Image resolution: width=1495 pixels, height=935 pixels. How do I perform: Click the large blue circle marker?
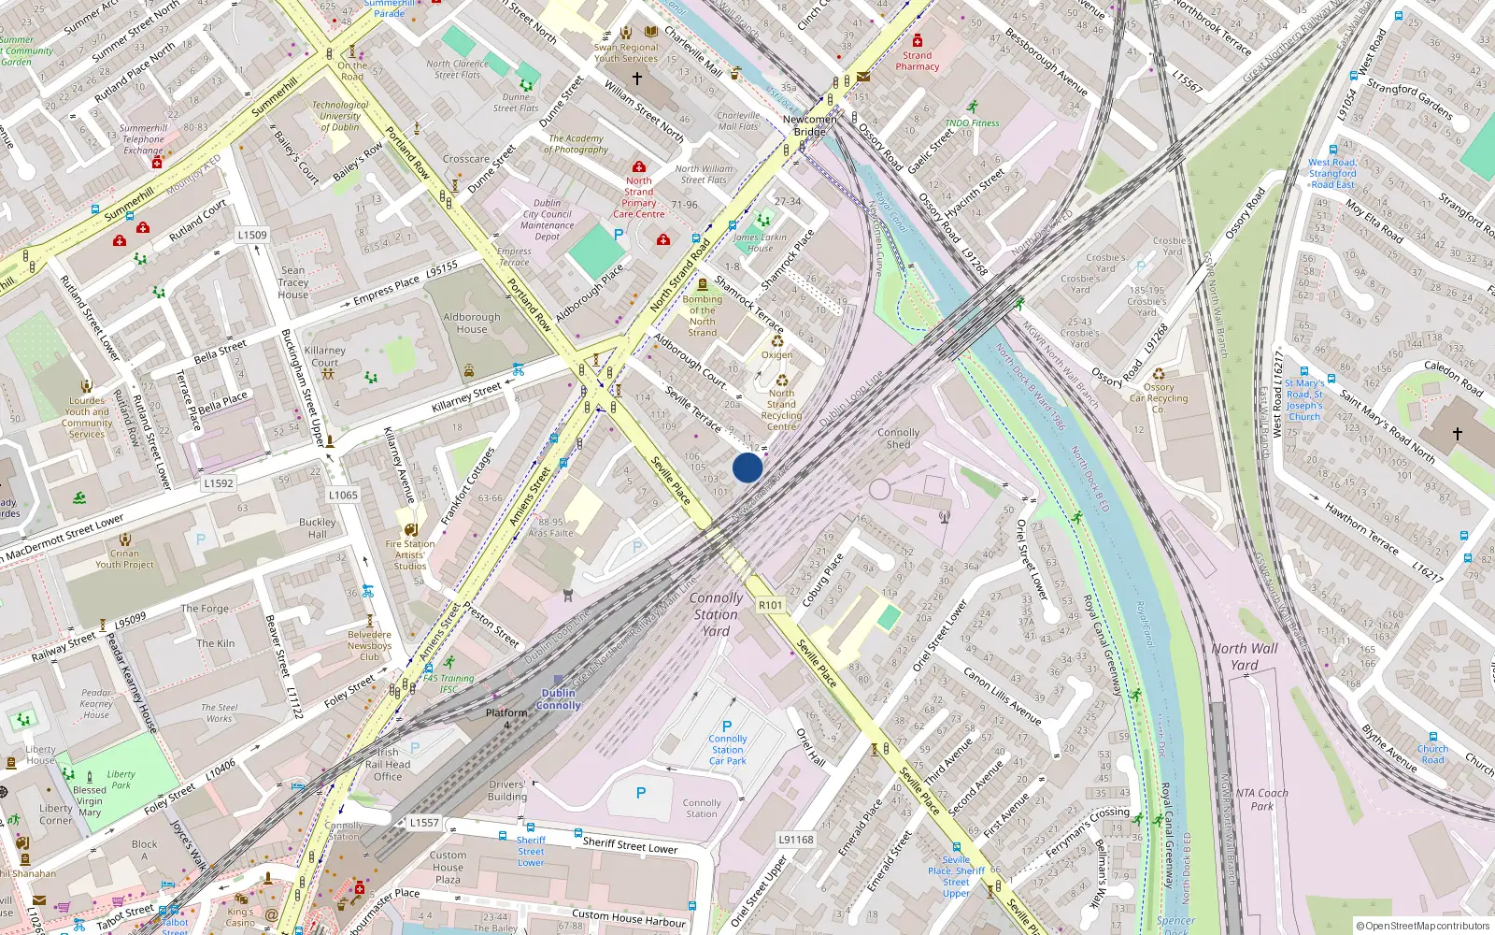tap(747, 467)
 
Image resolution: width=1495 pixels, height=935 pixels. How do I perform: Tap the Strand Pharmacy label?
tap(917, 61)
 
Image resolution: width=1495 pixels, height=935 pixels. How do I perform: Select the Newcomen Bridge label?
tap(810, 125)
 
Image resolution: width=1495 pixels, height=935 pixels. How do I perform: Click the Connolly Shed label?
tap(898, 439)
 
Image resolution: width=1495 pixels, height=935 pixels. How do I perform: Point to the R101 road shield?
tap(771, 605)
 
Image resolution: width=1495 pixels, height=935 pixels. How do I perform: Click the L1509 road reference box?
tap(252, 235)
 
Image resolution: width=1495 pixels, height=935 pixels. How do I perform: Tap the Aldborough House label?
tap(472, 323)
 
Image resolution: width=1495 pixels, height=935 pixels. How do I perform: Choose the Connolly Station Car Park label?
tap(727, 750)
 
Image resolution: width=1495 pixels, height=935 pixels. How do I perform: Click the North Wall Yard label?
tap(1244, 656)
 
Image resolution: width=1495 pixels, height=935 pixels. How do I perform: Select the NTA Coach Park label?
tap(1261, 799)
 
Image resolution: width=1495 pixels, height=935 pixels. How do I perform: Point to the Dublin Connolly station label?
tap(559, 699)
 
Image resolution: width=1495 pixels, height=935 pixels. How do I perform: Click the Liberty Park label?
tap(121, 780)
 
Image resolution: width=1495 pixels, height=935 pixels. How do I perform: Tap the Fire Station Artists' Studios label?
tap(409, 554)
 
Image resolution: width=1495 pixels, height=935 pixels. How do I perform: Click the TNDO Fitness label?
tap(972, 123)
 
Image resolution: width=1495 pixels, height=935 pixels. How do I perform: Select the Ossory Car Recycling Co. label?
tap(1159, 398)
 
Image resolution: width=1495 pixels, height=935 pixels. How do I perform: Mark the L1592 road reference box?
tap(219, 483)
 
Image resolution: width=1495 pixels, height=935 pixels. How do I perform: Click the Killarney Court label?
tap(325, 356)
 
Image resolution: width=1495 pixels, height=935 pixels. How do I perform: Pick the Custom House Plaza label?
tap(448, 867)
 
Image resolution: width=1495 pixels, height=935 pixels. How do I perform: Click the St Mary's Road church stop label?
tap(1304, 399)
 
